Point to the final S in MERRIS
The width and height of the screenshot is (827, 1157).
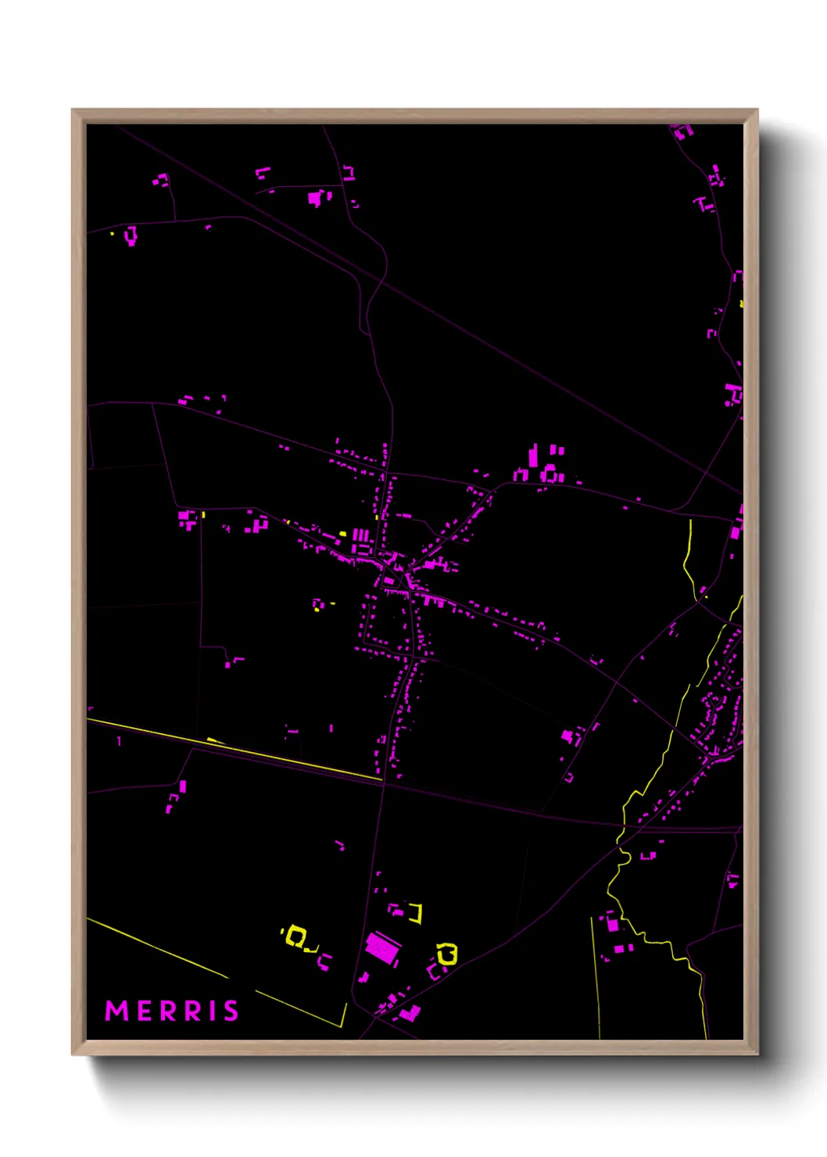231,1011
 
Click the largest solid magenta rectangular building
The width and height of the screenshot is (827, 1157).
383,948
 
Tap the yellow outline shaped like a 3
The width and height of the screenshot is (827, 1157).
448,954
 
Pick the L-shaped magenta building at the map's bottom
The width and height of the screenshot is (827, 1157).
410,1014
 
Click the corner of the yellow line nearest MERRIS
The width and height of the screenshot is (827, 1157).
343,1026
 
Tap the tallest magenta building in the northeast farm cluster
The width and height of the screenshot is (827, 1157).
533,457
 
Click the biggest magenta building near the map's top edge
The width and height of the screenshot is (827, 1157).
315,198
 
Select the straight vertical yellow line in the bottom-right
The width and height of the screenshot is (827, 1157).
595,977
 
